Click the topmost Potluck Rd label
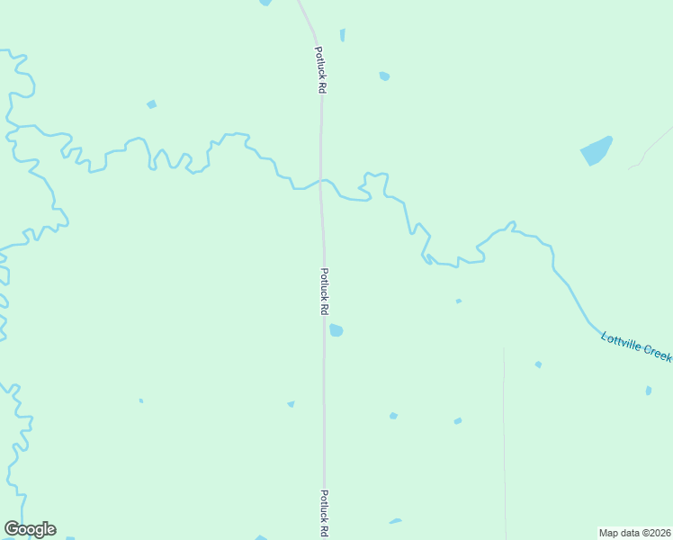[319, 71]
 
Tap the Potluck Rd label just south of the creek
[324, 291]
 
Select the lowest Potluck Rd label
[324, 513]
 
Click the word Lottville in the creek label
[619, 342]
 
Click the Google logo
[30, 529]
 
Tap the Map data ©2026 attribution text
[634, 533]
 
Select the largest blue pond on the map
[596, 150]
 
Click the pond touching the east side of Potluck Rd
[336, 330]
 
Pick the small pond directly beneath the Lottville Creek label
[648, 391]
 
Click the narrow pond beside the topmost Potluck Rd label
[342, 35]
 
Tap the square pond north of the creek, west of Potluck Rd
[151, 104]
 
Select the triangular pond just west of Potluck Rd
[291, 404]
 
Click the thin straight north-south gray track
[505, 432]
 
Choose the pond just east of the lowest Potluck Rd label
[395, 520]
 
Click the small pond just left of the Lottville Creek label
[538, 364]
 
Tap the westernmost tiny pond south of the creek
[140, 400]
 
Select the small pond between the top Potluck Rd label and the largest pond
[384, 76]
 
